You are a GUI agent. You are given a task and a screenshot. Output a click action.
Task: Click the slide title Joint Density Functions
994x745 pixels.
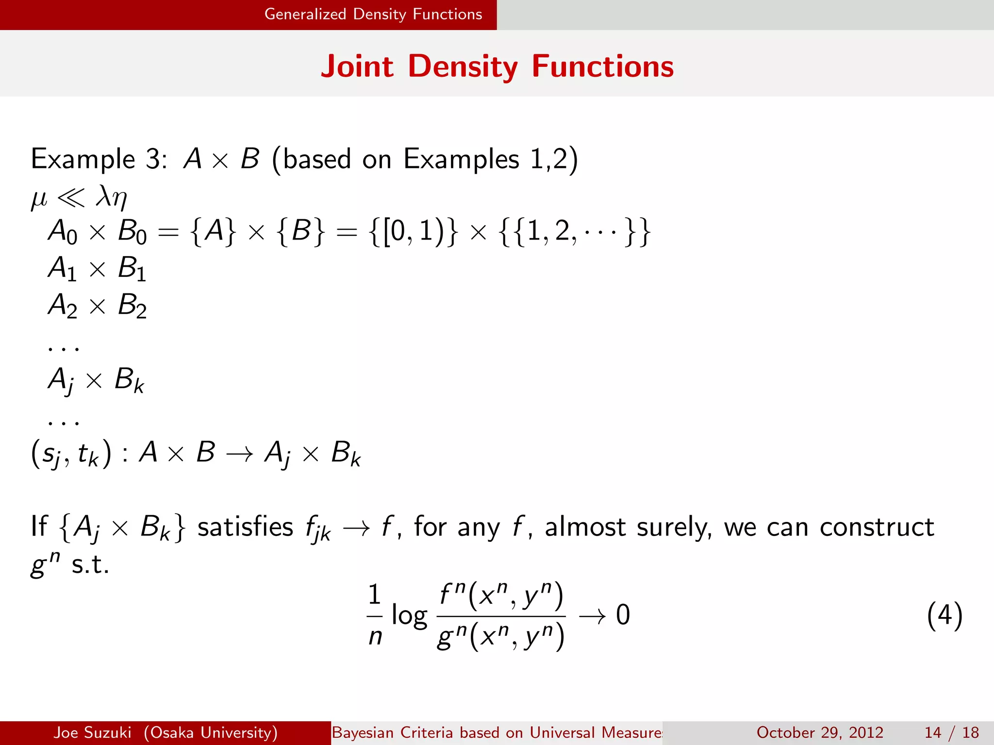click(497, 66)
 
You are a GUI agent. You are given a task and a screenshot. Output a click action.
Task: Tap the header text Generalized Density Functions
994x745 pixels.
click(373, 14)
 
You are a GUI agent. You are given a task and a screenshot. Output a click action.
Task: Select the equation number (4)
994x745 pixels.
click(944, 615)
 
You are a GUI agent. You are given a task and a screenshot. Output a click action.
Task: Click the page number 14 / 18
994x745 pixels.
click(951, 732)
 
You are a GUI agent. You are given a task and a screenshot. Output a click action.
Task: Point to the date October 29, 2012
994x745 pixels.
click(820, 732)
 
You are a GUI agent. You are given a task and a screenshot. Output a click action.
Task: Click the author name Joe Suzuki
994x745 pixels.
click(92, 732)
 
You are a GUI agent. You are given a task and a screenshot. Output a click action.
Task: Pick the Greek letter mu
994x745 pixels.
click(39, 198)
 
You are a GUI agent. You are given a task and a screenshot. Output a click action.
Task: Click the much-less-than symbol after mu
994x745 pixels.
click(71, 197)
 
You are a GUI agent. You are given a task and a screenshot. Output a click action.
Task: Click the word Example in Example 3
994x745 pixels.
click(83, 160)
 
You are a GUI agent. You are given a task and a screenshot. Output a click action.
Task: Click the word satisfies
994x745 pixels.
click(245, 528)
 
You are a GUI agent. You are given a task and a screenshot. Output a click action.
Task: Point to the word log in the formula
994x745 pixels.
click(409, 616)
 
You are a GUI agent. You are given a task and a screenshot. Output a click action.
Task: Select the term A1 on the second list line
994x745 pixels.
click(62, 269)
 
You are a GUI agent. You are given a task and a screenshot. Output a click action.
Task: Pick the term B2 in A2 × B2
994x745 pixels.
click(132, 307)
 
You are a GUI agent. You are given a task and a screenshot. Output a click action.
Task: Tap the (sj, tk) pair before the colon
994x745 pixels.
click(71, 455)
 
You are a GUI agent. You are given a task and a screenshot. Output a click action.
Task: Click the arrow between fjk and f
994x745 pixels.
click(356, 528)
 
